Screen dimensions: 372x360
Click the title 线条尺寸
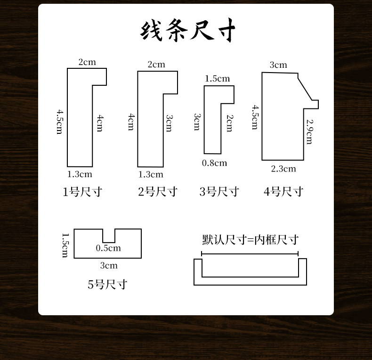188,31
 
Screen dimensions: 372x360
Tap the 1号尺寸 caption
82,192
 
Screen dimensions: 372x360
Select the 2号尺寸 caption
158,192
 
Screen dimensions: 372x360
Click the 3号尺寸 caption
219,192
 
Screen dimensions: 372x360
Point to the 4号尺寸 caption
283,192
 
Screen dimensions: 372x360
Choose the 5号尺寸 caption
107,285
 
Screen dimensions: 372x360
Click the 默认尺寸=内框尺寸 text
250,240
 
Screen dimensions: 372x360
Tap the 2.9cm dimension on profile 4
309,131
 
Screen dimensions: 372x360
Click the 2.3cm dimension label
283,169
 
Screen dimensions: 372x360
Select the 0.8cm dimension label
214,163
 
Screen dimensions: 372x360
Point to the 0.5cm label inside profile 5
108,248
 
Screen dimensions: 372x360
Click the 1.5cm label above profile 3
217,79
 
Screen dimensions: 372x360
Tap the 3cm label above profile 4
278,65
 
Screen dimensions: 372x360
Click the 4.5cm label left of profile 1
60,122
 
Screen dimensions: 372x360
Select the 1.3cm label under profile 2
151,175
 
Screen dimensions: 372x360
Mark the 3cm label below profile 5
109,266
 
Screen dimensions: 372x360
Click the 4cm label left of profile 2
131,122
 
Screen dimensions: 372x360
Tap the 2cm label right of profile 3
229,123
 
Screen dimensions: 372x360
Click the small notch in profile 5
109,236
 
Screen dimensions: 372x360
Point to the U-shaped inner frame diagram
250,280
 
